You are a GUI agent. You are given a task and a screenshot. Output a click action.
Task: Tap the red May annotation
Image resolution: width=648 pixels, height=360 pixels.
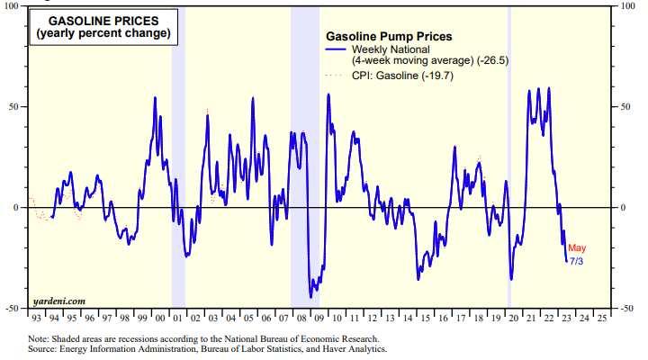click(577, 247)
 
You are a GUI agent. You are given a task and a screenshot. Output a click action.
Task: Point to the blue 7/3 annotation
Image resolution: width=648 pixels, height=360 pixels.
click(576, 260)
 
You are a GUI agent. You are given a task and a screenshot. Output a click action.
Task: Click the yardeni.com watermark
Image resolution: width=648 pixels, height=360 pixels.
click(61, 300)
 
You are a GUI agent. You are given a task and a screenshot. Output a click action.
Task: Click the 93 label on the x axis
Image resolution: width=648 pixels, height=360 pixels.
click(35, 318)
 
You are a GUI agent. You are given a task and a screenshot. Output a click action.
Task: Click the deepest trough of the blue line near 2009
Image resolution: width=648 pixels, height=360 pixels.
click(311, 296)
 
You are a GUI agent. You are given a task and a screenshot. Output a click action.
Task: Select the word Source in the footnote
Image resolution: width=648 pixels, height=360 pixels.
click(45, 348)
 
